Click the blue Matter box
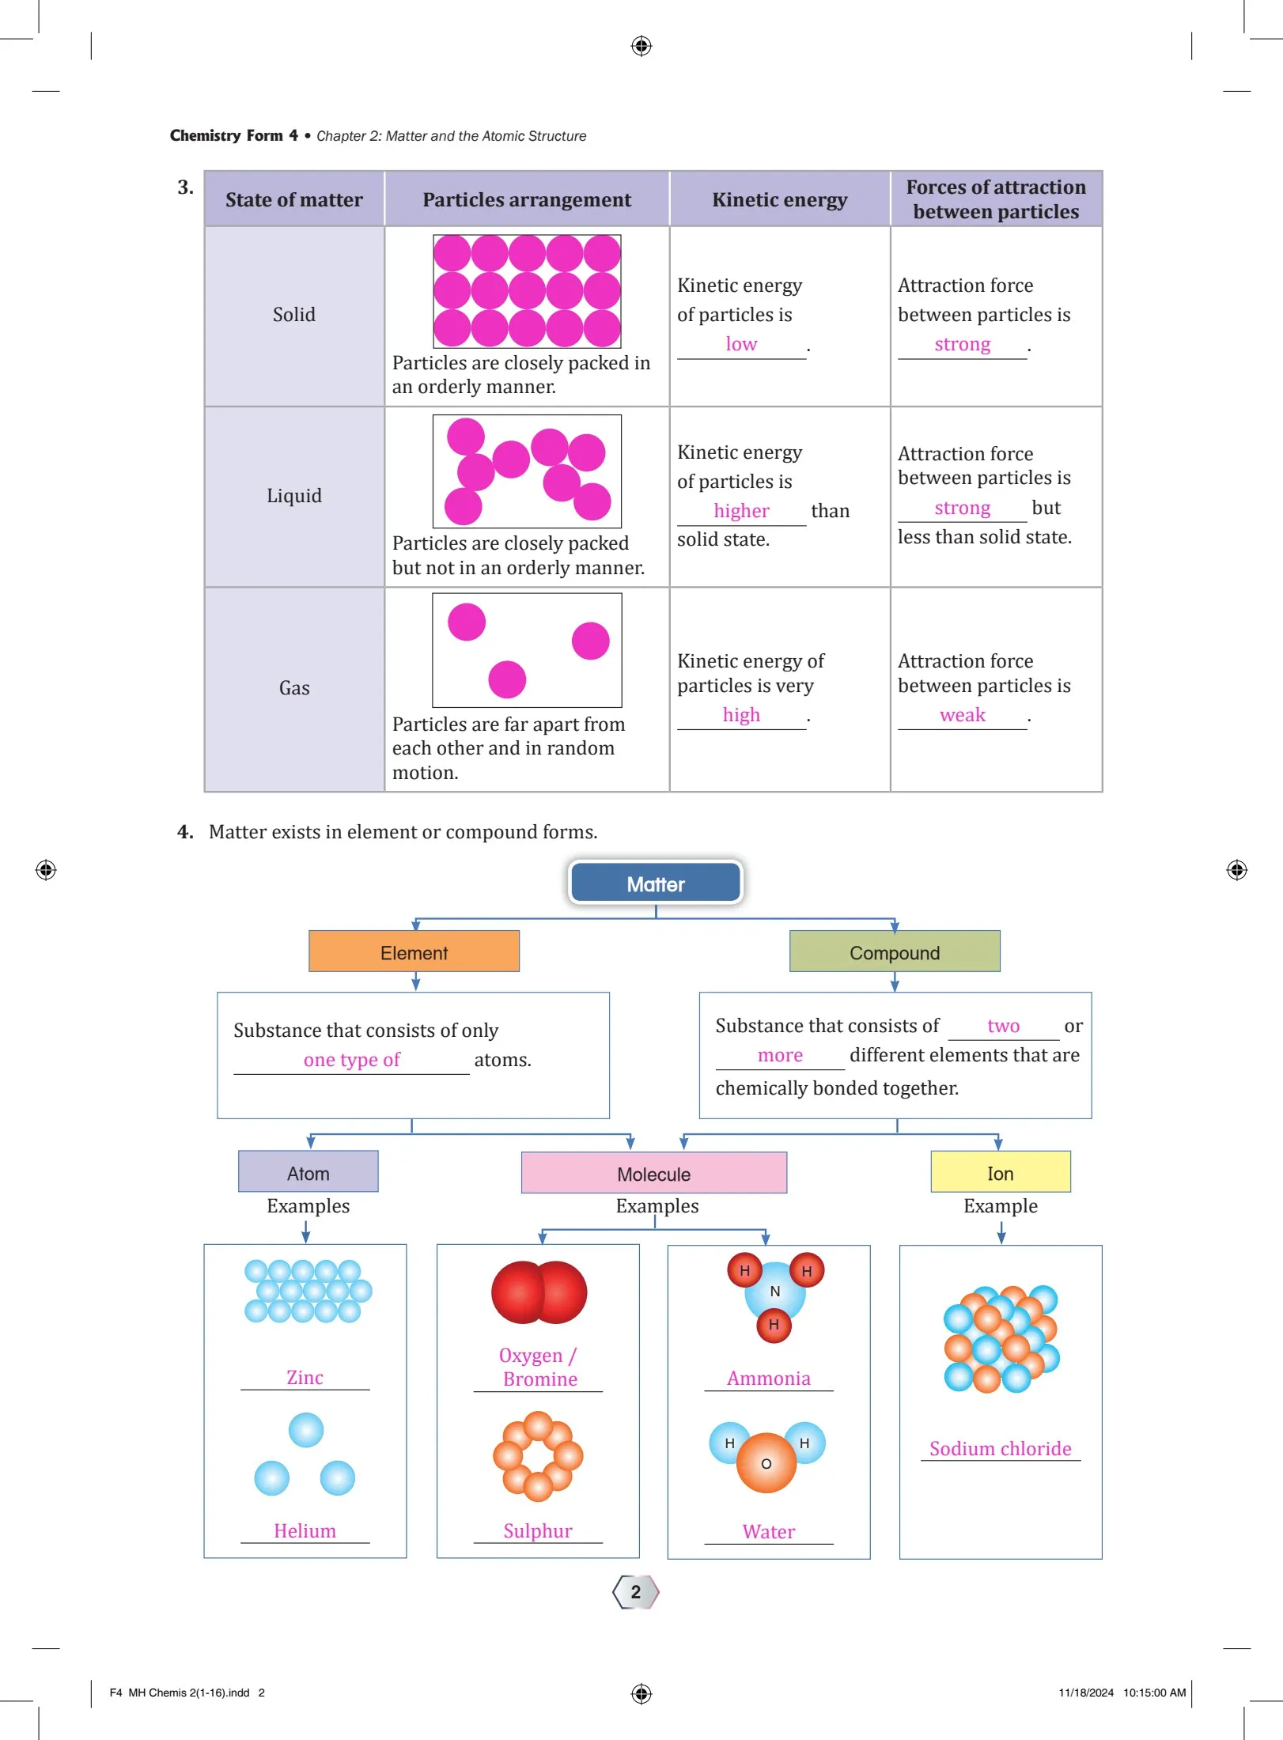(656, 883)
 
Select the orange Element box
(414, 951)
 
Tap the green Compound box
(895, 951)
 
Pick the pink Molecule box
(653, 1173)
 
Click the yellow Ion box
(1000, 1172)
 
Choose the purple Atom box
(308, 1172)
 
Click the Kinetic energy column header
(779, 199)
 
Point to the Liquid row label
(294, 496)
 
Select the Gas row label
(294, 688)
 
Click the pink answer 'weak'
(962, 715)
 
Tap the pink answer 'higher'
(741, 511)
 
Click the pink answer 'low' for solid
(741, 344)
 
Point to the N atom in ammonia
(775, 1292)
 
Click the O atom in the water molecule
(766, 1464)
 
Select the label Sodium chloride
(1000, 1448)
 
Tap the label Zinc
(305, 1377)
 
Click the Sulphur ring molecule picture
(538, 1456)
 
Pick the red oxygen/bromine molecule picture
(539, 1292)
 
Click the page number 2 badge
(636, 1592)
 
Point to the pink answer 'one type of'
(352, 1060)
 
